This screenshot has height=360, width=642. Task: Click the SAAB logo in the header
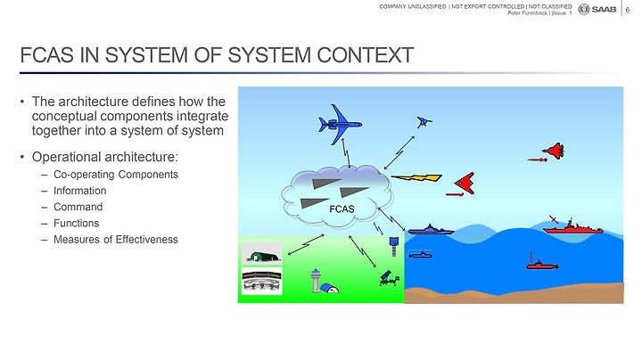[x=597, y=10]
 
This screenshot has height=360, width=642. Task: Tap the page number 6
[x=628, y=10]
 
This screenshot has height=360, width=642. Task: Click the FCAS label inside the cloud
[x=342, y=209]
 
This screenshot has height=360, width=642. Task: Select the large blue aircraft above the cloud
[x=340, y=124]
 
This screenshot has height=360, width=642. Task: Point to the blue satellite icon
[x=424, y=121]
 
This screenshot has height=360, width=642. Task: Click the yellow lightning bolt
[x=416, y=177]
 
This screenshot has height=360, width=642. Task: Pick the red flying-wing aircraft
[x=465, y=183]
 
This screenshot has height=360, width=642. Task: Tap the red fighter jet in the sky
[x=554, y=151]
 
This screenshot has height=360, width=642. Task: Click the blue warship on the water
[x=431, y=230]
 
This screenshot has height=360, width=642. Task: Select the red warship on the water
[x=572, y=228]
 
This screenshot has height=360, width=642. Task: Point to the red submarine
[x=542, y=265]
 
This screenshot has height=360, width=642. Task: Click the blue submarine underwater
[x=421, y=255]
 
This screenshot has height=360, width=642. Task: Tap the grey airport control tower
[x=316, y=280]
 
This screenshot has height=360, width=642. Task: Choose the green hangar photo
[x=261, y=254]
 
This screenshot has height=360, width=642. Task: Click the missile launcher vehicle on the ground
[x=390, y=278]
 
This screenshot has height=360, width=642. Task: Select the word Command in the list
[x=78, y=207]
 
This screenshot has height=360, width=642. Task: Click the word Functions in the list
[x=76, y=224]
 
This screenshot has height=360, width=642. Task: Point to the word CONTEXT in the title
[x=365, y=55]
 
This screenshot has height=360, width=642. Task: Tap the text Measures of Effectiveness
[x=116, y=240]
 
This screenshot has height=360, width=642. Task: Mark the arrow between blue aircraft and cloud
[x=346, y=153]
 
